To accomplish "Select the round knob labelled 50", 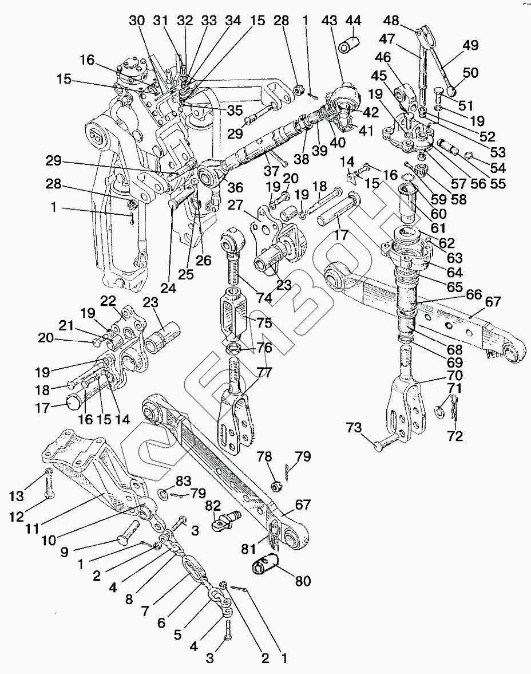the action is [449, 91].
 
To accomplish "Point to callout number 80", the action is [303, 581].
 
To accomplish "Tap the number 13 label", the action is [17, 496].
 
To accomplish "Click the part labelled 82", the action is [227, 519].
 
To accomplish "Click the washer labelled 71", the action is [440, 411].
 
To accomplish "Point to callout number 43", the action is [330, 21].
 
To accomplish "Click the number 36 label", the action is [235, 187].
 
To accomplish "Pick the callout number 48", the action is [391, 21].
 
